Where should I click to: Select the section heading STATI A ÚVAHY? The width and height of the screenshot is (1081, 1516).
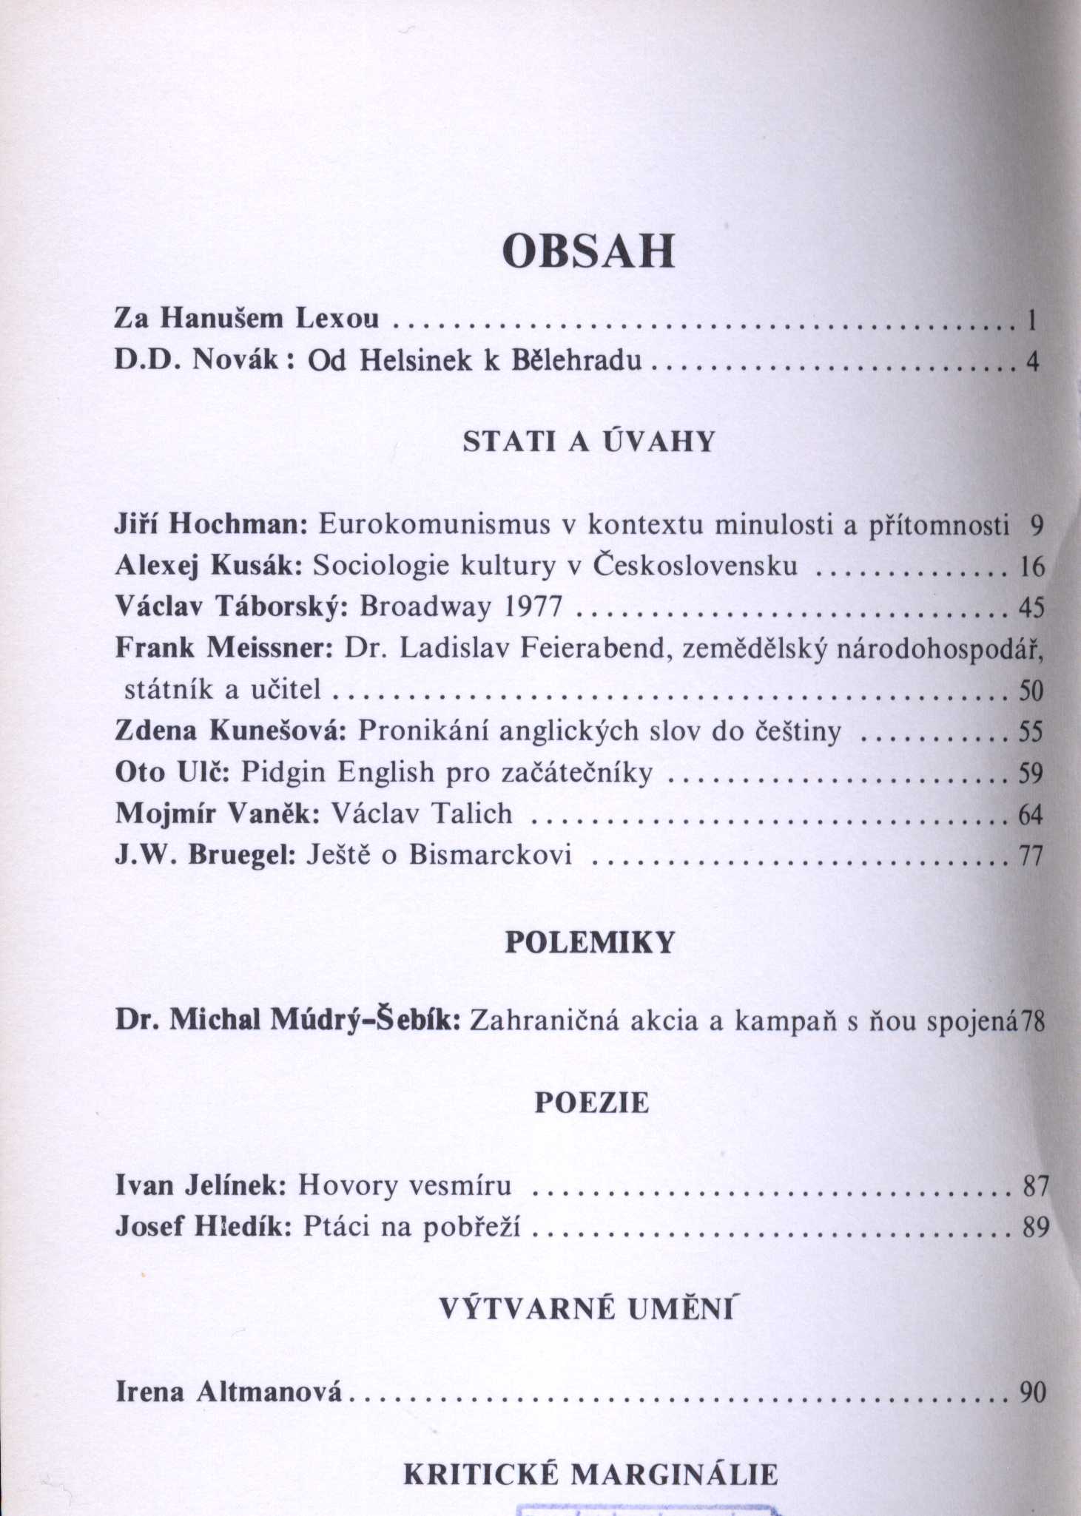(x=588, y=441)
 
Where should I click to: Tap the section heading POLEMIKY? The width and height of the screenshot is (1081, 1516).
(x=590, y=942)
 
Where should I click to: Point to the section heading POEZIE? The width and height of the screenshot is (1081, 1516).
(x=591, y=1103)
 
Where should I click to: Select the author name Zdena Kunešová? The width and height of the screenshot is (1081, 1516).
(x=231, y=731)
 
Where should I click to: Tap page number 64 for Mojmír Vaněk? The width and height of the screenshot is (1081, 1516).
(x=1031, y=815)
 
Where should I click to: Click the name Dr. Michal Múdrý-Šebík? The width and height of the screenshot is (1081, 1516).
(x=289, y=1021)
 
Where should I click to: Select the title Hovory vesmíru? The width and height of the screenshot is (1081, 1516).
(x=405, y=1185)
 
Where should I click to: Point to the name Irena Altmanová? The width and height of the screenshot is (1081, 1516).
(x=229, y=1393)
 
